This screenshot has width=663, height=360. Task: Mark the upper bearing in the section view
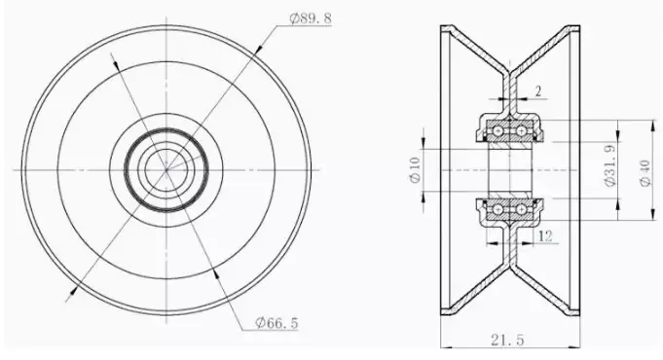pyautogui.click(x=509, y=128)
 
